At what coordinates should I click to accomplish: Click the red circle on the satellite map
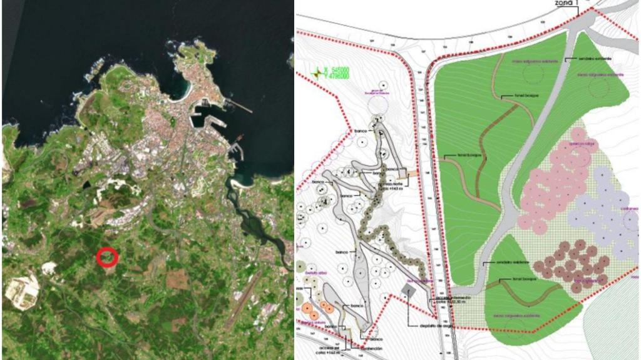(108, 256)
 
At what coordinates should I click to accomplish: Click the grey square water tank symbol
(410, 291)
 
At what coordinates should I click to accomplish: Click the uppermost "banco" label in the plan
(360, 131)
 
